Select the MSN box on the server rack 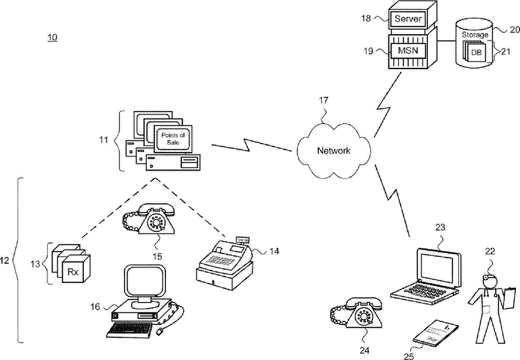click(x=408, y=50)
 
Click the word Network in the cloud click(x=334, y=151)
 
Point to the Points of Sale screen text click(x=173, y=139)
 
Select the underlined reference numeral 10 click(x=52, y=37)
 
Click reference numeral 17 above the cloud click(x=323, y=100)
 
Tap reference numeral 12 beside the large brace click(x=5, y=261)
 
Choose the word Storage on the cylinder click(x=475, y=35)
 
